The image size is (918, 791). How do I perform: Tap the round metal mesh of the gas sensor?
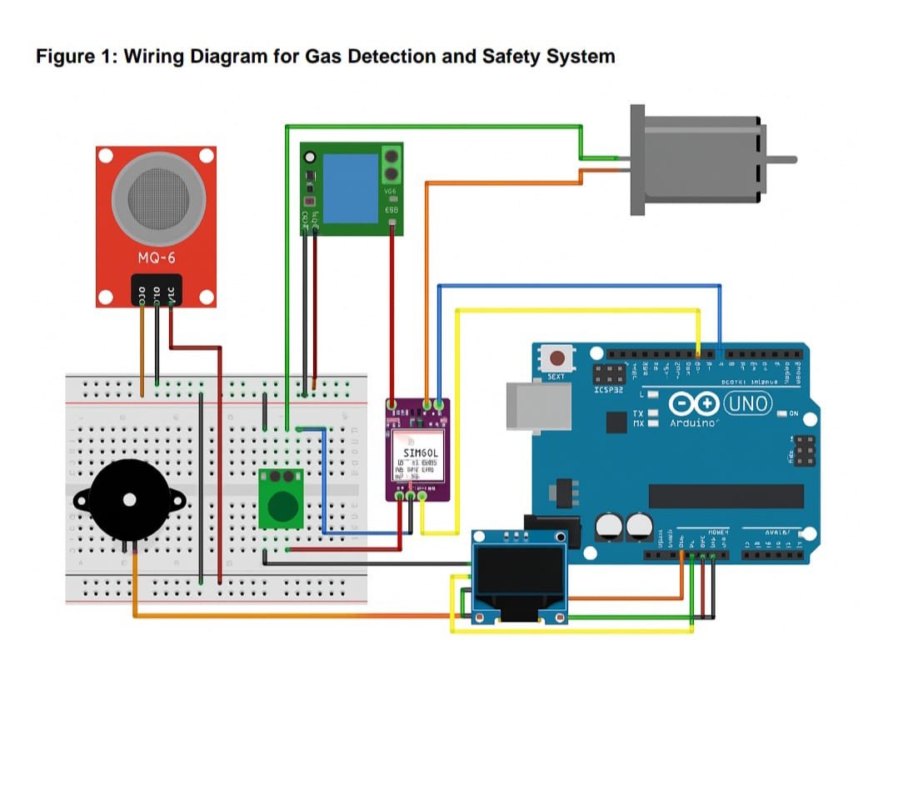[156, 193]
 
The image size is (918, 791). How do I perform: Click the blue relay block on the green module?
[350, 188]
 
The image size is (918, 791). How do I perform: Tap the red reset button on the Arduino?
[556, 358]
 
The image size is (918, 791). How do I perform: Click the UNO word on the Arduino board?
[749, 404]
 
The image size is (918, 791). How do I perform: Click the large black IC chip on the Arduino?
[726, 496]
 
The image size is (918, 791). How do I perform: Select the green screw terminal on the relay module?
[392, 164]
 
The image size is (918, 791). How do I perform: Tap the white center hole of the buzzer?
[129, 500]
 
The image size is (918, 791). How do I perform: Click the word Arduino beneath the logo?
[693, 423]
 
